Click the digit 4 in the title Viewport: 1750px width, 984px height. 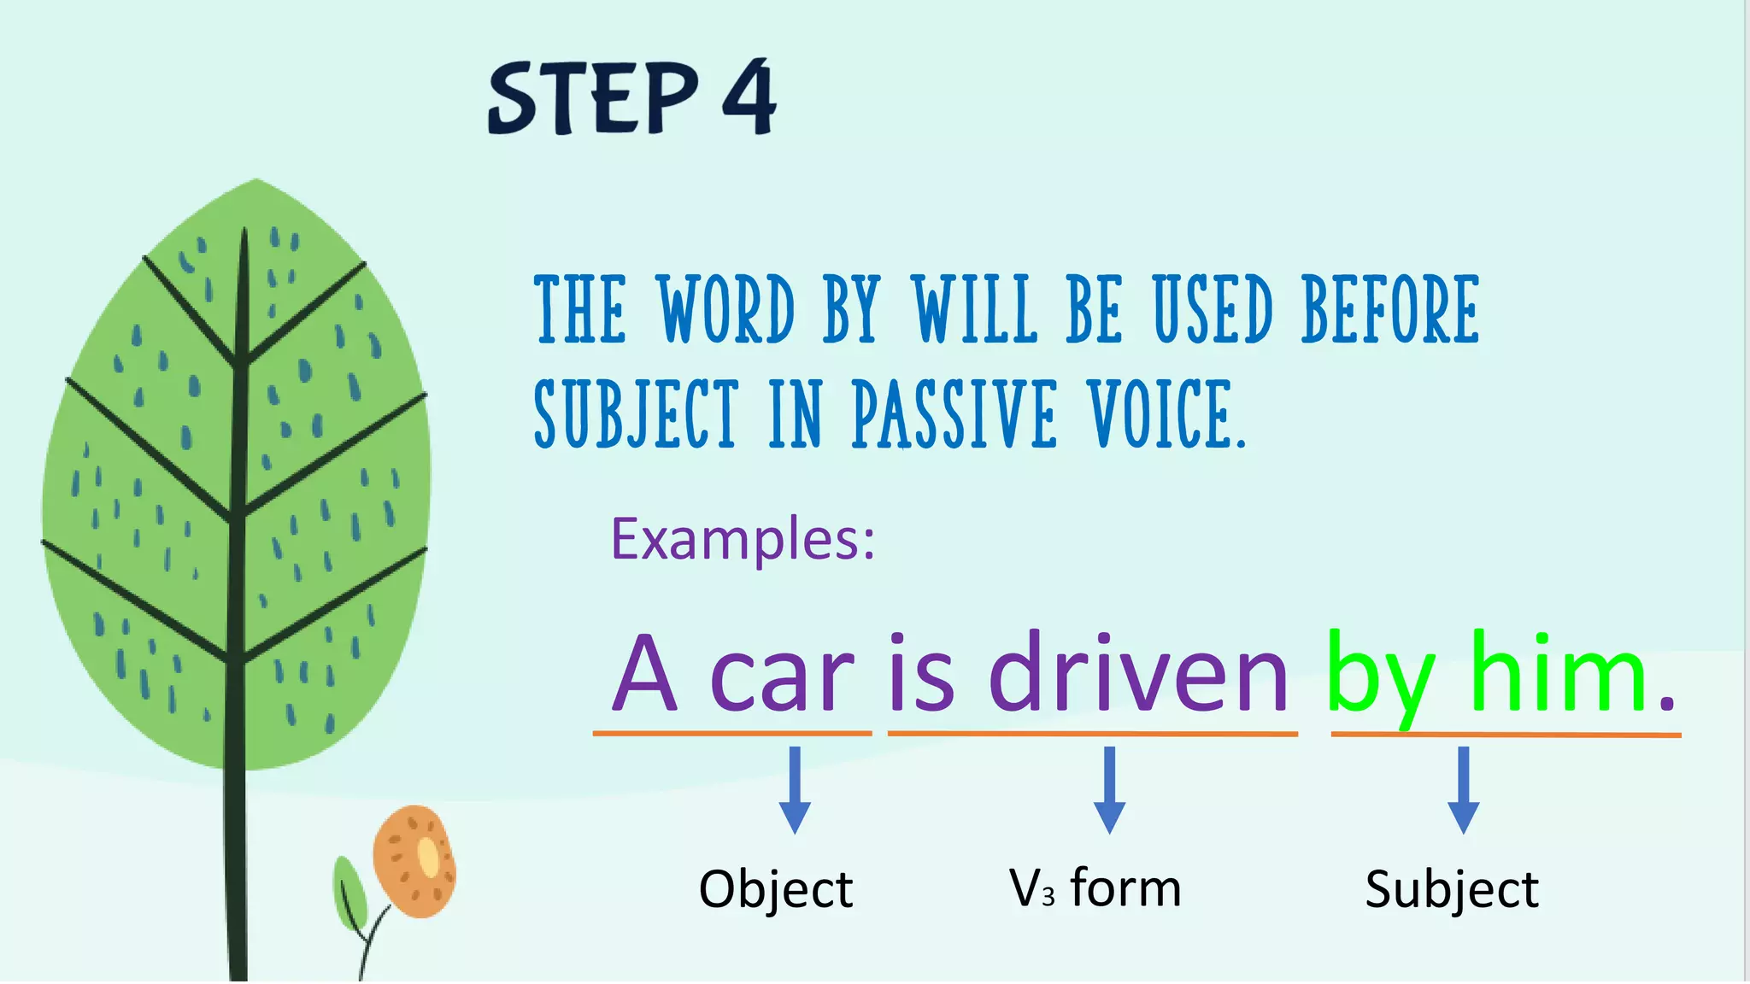749,97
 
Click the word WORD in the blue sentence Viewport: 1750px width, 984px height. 725,309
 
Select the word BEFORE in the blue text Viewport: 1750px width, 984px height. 1390,309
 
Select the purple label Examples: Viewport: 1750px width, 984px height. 743,539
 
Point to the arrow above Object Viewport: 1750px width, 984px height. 795,790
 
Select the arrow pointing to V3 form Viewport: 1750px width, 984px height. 1109,790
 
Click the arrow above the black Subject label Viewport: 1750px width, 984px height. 1463,790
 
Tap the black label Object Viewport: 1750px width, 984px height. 775,889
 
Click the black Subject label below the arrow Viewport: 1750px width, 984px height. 1451,889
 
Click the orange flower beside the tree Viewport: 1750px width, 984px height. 414,861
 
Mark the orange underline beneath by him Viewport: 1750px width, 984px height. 1506,734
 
